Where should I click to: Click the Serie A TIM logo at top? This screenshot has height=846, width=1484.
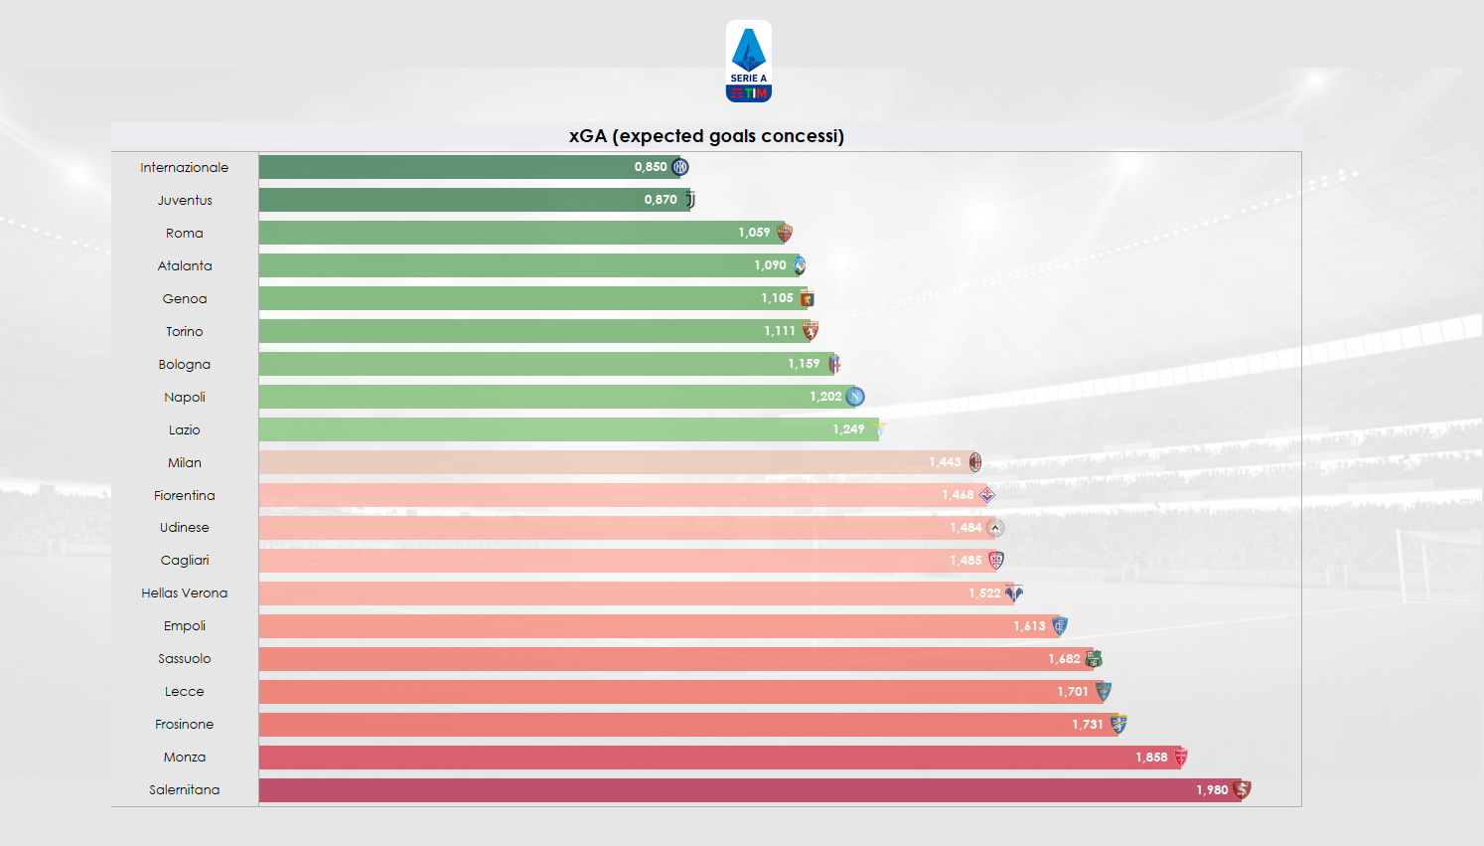(x=748, y=62)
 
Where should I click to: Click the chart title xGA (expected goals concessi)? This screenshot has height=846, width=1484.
(x=706, y=136)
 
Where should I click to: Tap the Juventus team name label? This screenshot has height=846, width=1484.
(x=185, y=200)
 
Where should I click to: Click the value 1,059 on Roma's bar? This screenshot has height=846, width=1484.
(x=754, y=233)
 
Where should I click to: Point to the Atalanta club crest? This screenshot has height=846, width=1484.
(x=800, y=265)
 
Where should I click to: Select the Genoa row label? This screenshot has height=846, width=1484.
(x=185, y=298)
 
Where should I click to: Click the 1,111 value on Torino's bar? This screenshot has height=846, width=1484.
(x=780, y=331)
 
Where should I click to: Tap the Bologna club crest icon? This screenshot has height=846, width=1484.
(x=834, y=364)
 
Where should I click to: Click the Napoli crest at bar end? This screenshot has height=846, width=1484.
(x=855, y=397)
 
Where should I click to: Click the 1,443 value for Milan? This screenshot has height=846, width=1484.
(x=945, y=462)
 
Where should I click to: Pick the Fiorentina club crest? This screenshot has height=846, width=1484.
(x=987, y=495)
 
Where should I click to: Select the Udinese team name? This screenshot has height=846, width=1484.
(x=185, y=528)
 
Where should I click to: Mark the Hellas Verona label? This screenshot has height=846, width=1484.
(x=185, y=593)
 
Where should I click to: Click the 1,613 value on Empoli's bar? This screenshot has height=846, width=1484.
(x=1029, y=626)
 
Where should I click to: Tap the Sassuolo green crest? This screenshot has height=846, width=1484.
(x=1094, y=658)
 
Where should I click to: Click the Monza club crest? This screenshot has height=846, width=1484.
(x=1181, y=758)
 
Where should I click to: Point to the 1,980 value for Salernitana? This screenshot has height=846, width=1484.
(x=1212, y=790)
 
